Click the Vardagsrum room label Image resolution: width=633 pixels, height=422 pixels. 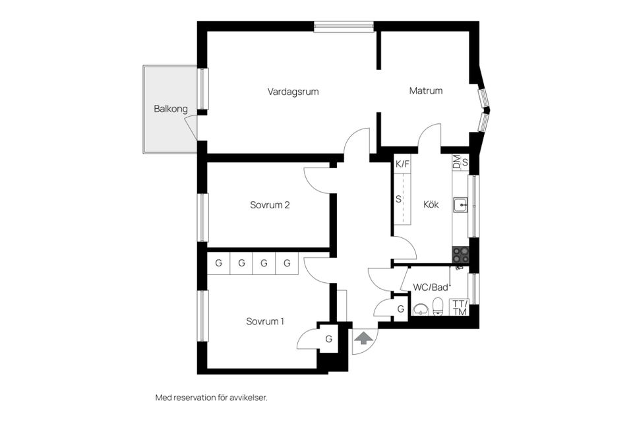(293, 92)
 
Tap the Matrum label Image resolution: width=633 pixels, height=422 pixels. (425, 91)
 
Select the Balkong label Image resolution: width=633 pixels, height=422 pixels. (171, 109)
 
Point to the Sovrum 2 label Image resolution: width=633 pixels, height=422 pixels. (270, 205)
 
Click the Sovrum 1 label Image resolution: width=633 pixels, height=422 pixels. (265, 322)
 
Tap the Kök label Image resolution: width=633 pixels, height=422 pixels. (431, 204)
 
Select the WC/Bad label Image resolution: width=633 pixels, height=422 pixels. (431, 287)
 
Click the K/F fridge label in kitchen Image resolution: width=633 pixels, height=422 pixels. (402, 164)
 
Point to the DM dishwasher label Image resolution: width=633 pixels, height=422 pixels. (456, 162)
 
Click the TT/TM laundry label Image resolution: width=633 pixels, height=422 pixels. (459, 308)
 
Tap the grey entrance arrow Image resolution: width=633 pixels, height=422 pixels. (363, 339)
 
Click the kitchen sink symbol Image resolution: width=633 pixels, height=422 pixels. (460, 206)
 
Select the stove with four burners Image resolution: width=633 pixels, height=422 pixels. (460, 253)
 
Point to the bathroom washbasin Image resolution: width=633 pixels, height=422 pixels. (419, 309)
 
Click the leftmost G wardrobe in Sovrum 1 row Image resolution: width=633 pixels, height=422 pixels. (218, 263)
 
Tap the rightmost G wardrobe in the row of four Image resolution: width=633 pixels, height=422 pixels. (287, 263)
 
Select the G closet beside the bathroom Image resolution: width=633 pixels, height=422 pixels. (400, 309)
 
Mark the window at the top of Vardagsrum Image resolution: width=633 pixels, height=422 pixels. (344, 26)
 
